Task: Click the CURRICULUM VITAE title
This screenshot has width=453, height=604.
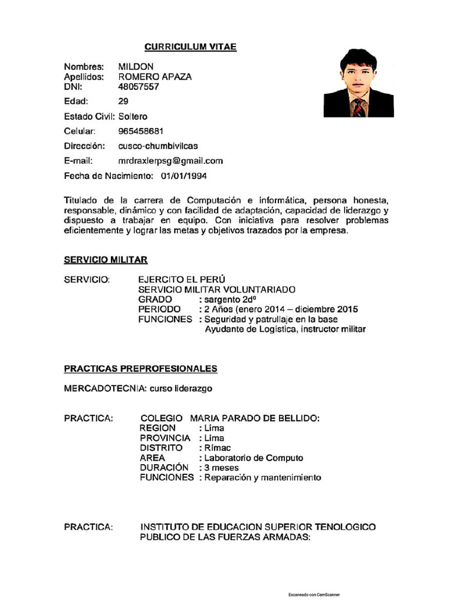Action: (191, 47)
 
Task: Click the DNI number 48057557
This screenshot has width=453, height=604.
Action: (139, 87)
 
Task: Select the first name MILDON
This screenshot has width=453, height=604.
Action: (136, 67)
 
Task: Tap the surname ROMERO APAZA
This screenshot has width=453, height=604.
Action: (155, 77)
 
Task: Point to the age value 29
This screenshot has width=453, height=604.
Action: (123, 101)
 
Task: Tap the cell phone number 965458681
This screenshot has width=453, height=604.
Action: (141, 131)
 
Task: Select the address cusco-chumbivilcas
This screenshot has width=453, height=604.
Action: (158, 146)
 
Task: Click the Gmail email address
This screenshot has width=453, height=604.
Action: (170, 160)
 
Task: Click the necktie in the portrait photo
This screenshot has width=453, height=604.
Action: (357, 107)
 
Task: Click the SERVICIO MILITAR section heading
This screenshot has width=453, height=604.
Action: (106, 260)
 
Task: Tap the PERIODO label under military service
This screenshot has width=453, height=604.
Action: (159, 309)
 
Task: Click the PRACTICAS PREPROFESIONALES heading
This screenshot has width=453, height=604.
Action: (140, 369)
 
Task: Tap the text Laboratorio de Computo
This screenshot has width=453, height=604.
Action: (254, 458)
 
